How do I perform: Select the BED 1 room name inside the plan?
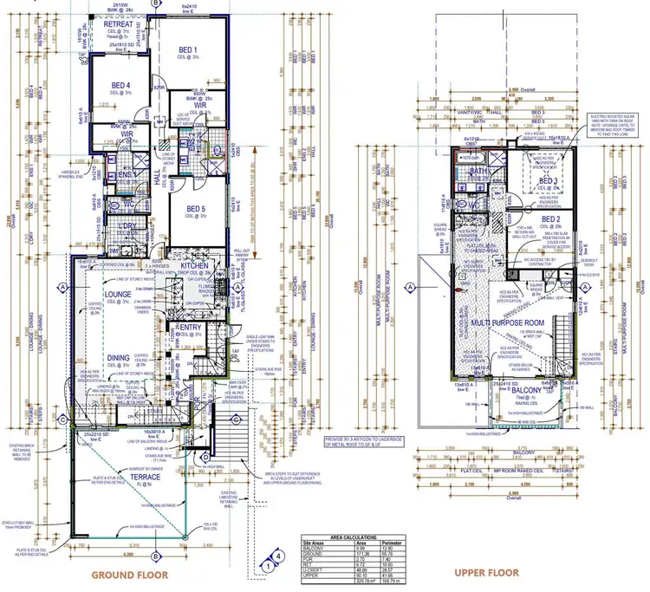click(188, 49)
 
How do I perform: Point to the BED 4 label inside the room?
click(121, 85)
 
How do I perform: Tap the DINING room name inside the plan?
click(118, 357)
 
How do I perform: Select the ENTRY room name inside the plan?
click(190, 327)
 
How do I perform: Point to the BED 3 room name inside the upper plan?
click(547, 180)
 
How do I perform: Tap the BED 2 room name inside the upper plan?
click(552, 218)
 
